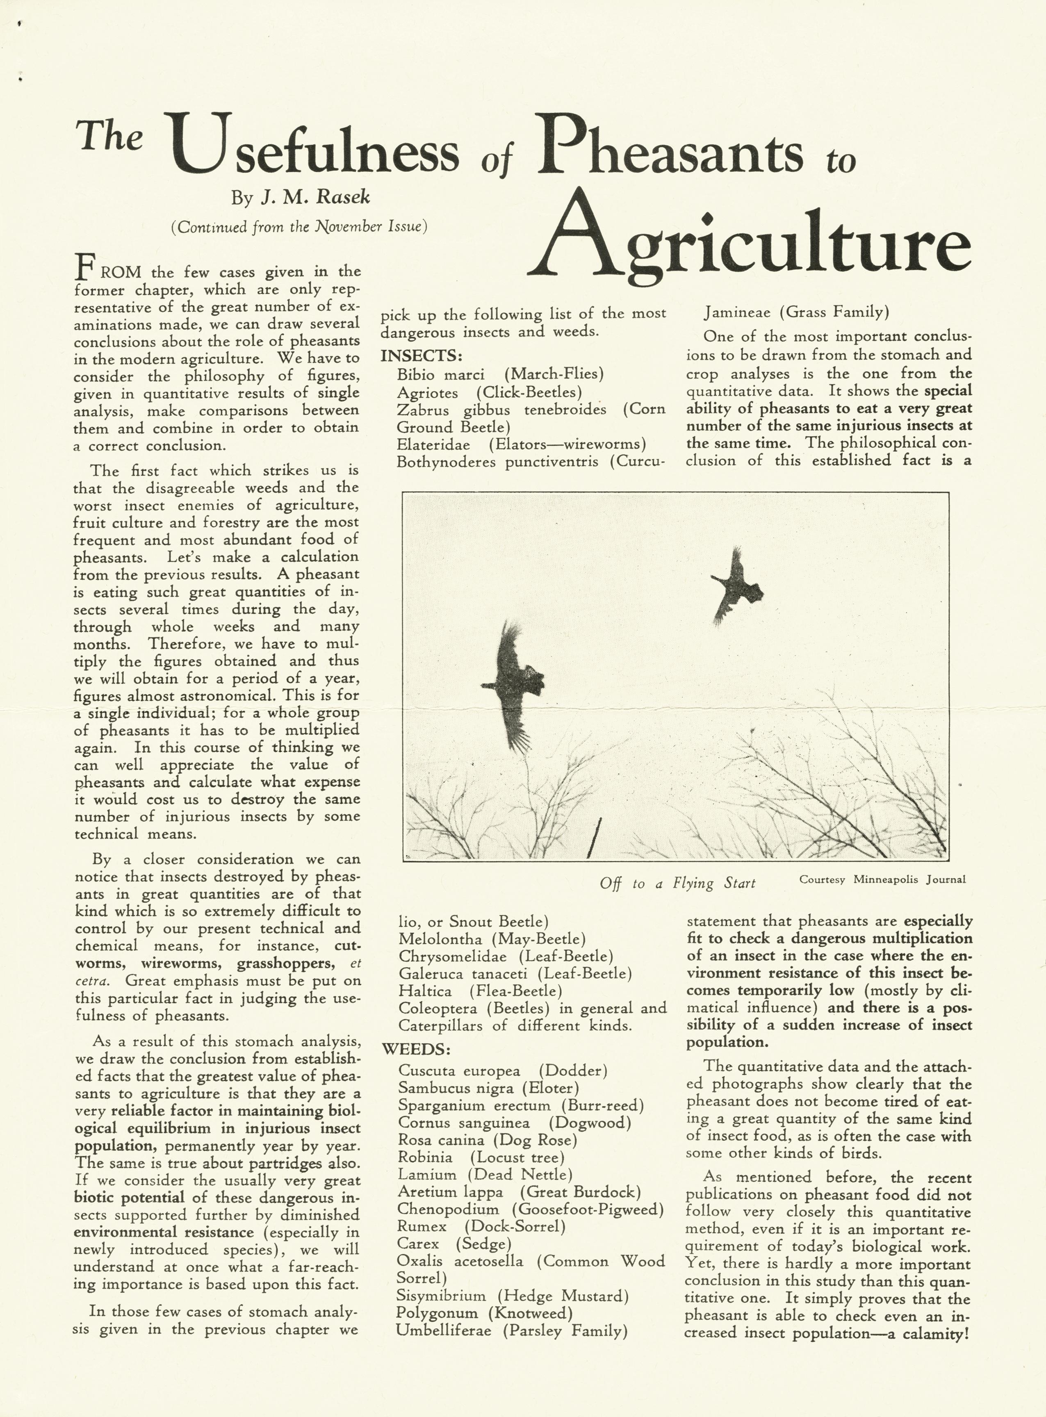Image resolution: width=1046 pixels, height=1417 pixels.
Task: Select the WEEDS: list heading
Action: pyautogui.click(x=416, y=1049)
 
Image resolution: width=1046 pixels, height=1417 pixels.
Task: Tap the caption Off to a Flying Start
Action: pyautogui.click(x=677, y=883)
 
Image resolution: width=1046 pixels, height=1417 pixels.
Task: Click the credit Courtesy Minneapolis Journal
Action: pyautogui.click(x=882, y=879)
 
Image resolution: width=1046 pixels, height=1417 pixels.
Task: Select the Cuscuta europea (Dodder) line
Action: pyautogui.click(x=503, y=1071)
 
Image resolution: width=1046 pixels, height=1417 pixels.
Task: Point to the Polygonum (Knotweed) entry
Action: pyautogui.click(x=484, y=1313)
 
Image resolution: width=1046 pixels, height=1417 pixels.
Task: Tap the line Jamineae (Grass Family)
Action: pyautogui.click(x=797, y=312)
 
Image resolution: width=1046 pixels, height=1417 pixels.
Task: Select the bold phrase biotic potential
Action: pyautogui.click(x=129, y=1197)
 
